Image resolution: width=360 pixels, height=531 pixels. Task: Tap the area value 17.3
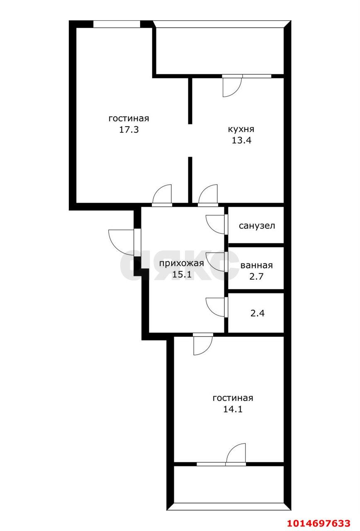click(129, 129)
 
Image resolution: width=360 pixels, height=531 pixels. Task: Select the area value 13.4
click(241, 140)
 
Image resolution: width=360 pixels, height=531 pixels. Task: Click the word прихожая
click(182, 263)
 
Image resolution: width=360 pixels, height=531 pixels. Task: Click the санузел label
click(257, 226)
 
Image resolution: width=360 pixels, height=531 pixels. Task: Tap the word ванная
click(256, 265)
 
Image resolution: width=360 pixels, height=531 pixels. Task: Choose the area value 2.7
click(256, 276)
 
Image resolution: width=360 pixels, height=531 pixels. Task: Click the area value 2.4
click(257, 312)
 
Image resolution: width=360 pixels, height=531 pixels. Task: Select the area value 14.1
click(233, 409)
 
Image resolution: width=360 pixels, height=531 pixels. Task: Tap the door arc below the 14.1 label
click(236, 453)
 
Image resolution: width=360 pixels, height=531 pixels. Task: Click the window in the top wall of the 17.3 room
click(117, 24)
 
